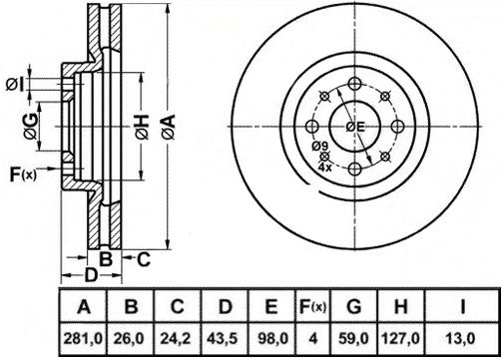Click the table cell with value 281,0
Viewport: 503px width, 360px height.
83,339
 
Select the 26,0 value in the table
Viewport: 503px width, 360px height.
130,339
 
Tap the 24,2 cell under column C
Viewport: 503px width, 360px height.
177,339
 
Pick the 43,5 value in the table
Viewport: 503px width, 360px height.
225,339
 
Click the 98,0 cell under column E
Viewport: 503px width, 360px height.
271,339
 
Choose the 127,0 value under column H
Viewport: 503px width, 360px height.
401,339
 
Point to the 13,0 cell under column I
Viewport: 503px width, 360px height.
462,339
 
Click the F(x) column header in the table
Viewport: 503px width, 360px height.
312,306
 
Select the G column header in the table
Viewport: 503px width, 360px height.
354,306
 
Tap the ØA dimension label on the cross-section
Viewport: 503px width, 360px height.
169,127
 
